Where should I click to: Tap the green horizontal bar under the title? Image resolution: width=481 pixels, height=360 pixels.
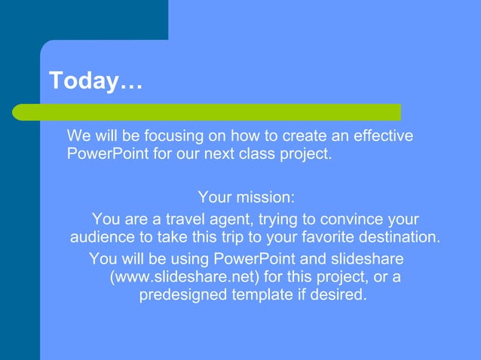pos(207,112)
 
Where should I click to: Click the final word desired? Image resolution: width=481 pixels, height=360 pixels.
pos(339,295)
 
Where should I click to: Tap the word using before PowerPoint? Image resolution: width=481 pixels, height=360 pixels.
pos(188,258)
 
